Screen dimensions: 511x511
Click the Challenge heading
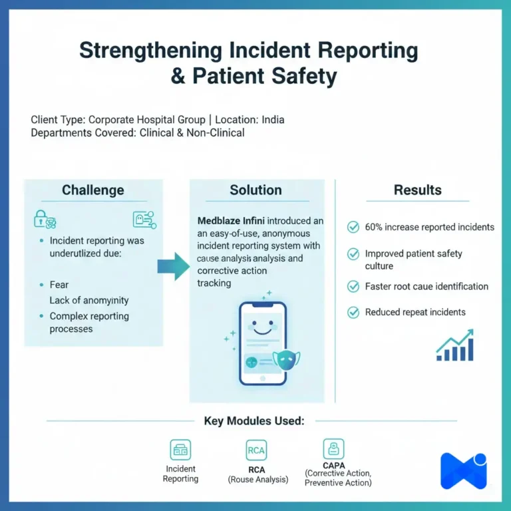click(x=92, y=190)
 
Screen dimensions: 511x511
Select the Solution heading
click(x=255, y=190)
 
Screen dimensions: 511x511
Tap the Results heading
click(x=417, y=190)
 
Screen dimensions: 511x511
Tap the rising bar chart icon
click(x=455, y=345)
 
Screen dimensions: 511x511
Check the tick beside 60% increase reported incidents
click(x=353, y=228)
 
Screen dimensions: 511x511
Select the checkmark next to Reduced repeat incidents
click(x=353, y=312)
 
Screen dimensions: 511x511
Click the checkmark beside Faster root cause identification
click(x=353, y=287)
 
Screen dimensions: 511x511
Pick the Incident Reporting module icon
click(x=180, y=450)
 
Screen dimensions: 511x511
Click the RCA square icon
click(x=256, y=450)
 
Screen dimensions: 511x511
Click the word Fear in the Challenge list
click(x=59, y=285)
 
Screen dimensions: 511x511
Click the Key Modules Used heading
click(x=255, y=421)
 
